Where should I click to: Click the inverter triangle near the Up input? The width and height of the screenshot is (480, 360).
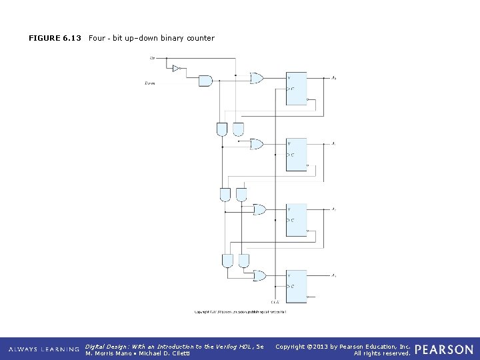176,68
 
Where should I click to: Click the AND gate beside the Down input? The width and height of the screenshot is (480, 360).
205,81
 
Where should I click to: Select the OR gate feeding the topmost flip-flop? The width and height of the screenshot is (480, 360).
257,78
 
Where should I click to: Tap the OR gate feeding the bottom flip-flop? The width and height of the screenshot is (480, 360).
259,275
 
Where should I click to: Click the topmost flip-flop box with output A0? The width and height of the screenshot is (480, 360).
296,88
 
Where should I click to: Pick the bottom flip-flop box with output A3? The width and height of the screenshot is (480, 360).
296,285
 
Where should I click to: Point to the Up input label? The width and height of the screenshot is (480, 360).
152,58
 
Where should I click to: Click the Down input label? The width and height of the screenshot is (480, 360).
150,83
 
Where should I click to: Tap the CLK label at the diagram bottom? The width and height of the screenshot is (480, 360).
275,303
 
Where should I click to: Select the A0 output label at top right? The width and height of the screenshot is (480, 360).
333,78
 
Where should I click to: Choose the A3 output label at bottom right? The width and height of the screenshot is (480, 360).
333,275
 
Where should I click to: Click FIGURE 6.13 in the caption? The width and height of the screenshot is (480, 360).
55,38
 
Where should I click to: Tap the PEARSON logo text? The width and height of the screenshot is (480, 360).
444,349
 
